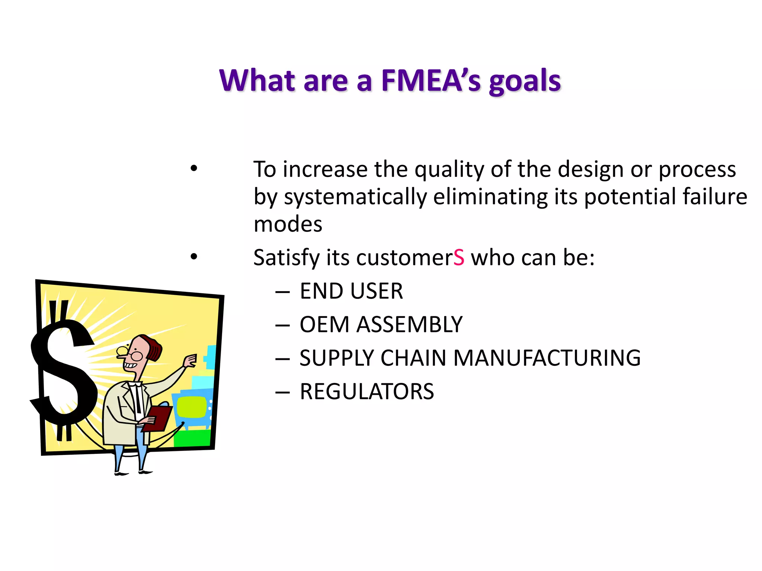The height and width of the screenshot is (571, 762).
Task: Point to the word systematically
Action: click(x=355, y=197)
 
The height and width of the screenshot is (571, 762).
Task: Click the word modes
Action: click(x=288, y=224)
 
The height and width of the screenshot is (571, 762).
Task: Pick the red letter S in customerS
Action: click(x=459, y=257)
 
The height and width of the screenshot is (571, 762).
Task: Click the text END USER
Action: click(x=351, y=291)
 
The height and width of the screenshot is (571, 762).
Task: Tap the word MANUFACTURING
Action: click(x=547, y=358)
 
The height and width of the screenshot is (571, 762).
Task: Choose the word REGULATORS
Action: click(x=366, y=391)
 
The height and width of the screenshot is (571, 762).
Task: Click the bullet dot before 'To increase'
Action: click(x=193, y=168)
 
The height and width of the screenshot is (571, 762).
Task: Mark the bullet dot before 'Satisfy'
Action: click(x=193, y=256)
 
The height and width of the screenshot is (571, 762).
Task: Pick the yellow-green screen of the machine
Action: click(x=191, y=407)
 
